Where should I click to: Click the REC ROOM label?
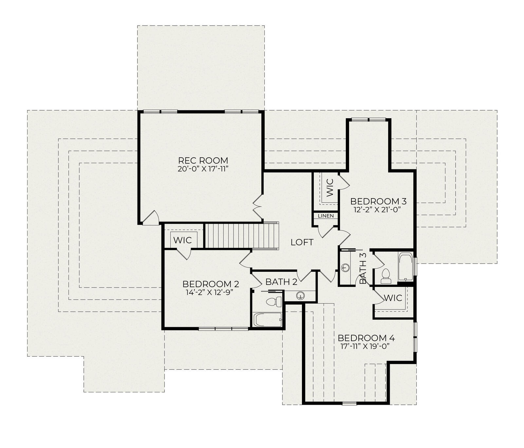click(203, 160)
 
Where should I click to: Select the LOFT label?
click(302, 242)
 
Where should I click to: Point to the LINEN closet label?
click(326, 216)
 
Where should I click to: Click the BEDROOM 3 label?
click(378, 201)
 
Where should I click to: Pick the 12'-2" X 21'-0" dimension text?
click(377, 210)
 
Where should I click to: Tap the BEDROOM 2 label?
click(211, 284)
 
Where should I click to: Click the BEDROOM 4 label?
click(366, 338)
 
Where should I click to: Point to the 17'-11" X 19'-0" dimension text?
click(365, 346)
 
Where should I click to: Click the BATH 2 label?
click(281, 282)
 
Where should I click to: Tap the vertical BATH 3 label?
click(363, 269)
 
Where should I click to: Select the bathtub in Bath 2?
click(268, 320)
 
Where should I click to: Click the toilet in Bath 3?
click(386, 276)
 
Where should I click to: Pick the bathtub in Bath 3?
click(406, 267)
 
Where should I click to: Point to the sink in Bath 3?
click(345, 268)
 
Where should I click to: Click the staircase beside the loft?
click(242, 236)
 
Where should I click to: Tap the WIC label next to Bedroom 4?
click(393, 298)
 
